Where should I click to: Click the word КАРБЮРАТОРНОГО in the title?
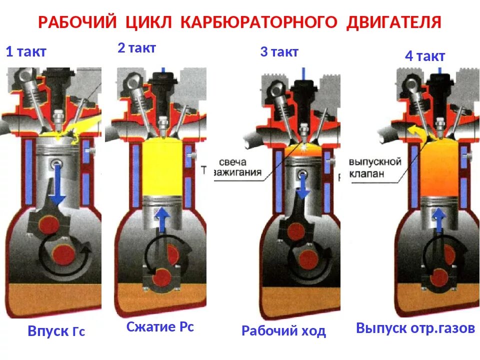point(260,22)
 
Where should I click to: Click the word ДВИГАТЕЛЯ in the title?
point(393,22)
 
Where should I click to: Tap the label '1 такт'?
point(26,52)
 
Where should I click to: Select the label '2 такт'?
point(136,48)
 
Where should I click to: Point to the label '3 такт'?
point(279,51)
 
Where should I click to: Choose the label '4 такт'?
point(424,56)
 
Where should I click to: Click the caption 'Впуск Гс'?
point(56,331)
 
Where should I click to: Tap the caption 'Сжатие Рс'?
point(160,327)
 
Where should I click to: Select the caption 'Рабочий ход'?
point(283,330)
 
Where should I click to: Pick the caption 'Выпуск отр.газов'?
point(415,328)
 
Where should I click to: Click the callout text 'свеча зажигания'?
point(240,168)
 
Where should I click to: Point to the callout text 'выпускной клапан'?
point(375,168)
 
